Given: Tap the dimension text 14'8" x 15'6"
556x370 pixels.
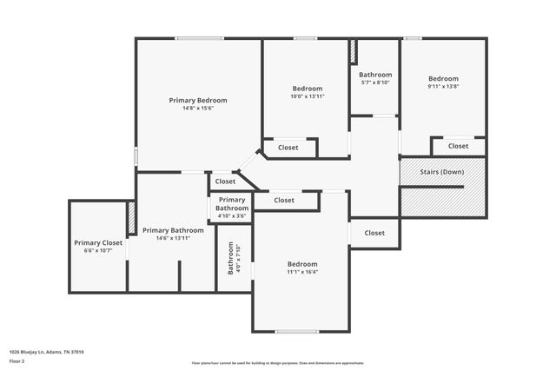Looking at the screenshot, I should [x=198, y=109].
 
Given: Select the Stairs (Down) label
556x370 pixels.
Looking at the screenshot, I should [x=441, y=172].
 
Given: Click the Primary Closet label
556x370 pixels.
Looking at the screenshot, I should [x=98, y=243].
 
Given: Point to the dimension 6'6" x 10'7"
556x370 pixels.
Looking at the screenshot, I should [x=98, y=251].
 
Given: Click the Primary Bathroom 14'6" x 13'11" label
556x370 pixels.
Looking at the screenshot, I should [x=173, y=230].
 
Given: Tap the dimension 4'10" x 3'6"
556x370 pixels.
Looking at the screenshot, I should [x=232, y=216].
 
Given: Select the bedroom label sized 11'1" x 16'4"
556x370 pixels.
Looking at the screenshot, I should [x=302, y=264].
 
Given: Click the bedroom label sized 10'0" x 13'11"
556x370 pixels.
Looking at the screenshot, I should [x=307, y=89].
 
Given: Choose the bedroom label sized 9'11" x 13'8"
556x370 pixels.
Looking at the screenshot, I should [x=443, y=78].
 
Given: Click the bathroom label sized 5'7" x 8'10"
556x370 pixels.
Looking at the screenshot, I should [x=375, y=75].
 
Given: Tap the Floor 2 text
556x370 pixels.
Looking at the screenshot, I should [x=17, y=360].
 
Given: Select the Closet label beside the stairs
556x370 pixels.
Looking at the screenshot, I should [x=374, y=233].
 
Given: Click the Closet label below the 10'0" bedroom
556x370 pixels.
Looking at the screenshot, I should [x=288, y=148].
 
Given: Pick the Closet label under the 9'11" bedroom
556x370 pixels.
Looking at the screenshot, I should [x=458, y=146].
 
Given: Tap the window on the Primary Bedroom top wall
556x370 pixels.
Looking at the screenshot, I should [x=199, y=38].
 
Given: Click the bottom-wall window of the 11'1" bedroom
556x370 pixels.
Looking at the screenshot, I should [x=297, y=331].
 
